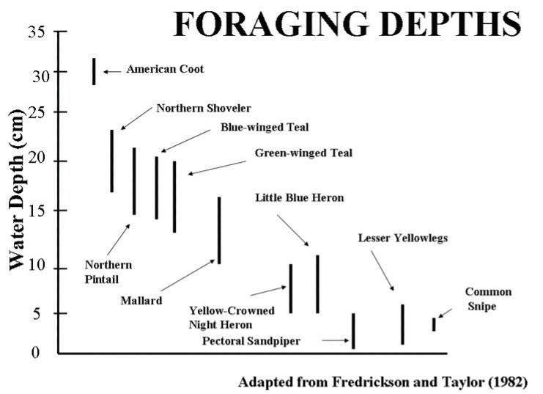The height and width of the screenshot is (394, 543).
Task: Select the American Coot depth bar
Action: (x=94, y=71)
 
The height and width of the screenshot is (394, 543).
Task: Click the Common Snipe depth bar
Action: (x=434, y=324)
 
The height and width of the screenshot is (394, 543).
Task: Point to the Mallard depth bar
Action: (x=219, y=230)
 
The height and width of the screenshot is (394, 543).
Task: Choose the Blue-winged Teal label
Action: (x=265, y=127)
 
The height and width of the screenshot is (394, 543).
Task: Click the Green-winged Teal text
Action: (x=303, y=153)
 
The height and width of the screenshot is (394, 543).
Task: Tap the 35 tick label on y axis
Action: (x=38, y=33)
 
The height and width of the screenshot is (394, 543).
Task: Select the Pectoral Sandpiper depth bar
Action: (x=353, y=331)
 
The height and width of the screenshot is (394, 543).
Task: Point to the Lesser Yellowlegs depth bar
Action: (x=402, y=324)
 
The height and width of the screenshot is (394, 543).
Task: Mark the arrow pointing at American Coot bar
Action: (x=112, y=71)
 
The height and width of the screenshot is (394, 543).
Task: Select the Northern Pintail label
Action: (x=108, y=271)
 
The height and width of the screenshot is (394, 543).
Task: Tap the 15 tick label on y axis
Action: (x=38, y=211)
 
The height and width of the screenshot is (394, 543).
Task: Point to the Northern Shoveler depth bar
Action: (x=112, y=161)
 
